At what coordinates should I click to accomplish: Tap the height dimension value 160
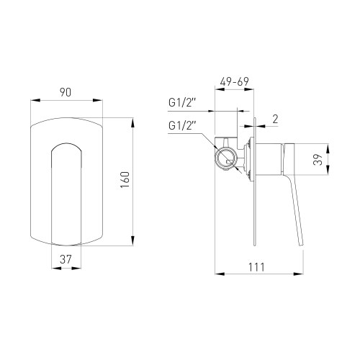(125, 179)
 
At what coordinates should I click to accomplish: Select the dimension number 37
(66, 258)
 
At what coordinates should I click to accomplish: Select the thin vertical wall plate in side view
(254, 180)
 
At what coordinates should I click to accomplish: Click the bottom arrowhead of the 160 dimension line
(133, 244)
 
